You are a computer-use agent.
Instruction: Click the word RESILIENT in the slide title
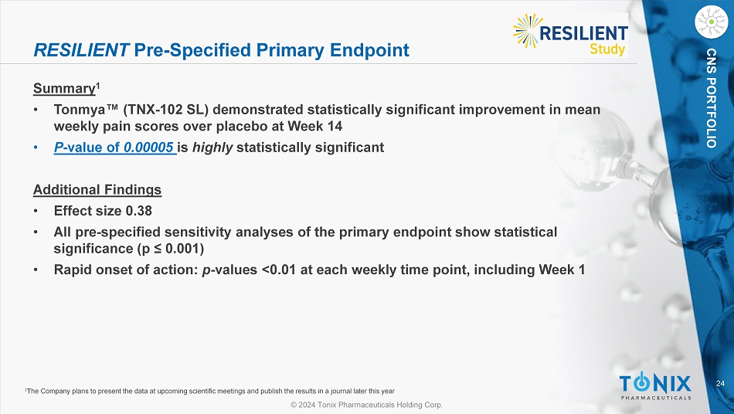[x=81, y=50]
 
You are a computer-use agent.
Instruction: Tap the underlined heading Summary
[x=64, y=88]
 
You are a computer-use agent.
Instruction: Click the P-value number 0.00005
[x=148, y=148]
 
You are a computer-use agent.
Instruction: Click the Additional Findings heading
[x=97, y=189]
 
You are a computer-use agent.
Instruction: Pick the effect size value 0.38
[x=139, y=211]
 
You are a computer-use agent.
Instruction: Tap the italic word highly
[x=212, y=148]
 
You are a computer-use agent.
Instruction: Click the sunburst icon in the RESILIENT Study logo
[x=528, y=31]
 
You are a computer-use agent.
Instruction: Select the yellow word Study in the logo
[x=607, y=49]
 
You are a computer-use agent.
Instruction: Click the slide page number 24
[x=720, y=384]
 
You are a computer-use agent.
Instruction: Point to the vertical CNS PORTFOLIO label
[x=712, y=98]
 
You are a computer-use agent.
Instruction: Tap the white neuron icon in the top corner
[x=712, y=22]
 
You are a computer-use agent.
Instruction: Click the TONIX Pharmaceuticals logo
[x=655, y=386]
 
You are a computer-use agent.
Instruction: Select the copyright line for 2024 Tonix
[x=366, y=405]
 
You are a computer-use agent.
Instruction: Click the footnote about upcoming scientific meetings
[x=209, y=391]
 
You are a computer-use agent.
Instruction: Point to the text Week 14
[x=315, y=127]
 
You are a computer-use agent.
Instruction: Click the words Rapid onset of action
[x=124, y=270]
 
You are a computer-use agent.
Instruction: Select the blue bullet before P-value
[x=36, y=148]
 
